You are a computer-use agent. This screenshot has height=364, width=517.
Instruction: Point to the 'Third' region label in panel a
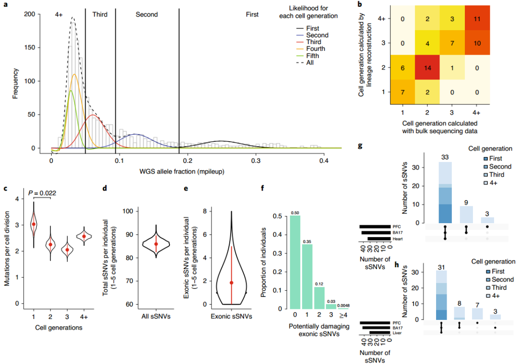(x=100, y=14)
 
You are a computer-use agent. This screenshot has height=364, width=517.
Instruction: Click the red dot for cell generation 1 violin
(x=33, y=224)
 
